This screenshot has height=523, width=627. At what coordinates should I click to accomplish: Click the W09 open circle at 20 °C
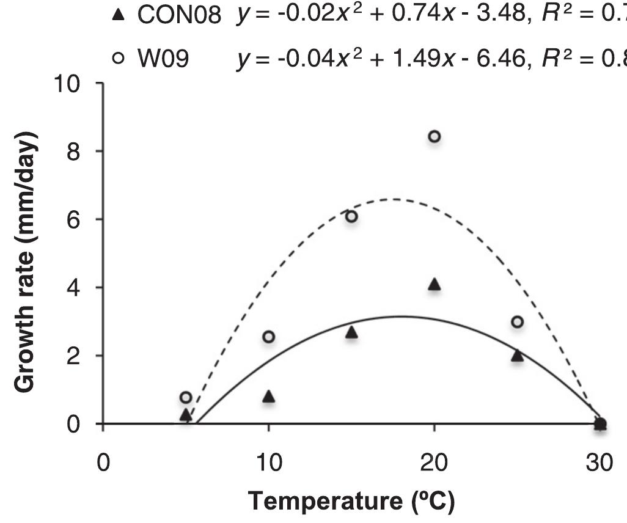click(434, 136)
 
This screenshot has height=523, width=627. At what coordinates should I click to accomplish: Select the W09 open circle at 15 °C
click(351, 216)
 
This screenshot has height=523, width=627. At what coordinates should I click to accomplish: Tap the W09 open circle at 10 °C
click(268, 337)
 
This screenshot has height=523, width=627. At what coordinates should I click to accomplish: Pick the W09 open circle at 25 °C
click(517, 322)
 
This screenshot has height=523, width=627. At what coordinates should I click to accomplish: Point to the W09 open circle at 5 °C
click(186, 397)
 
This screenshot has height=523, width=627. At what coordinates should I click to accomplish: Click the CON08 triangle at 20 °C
click(434, 284)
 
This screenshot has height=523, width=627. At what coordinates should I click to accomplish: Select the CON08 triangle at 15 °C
click(351, 332)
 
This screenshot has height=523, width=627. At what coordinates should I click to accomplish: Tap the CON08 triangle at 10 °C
click(268, 397)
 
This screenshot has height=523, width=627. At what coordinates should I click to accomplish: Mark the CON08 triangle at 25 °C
click(517, 356)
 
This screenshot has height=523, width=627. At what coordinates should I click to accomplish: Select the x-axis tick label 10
click(268, 462)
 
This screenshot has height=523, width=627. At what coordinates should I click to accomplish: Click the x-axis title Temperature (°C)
click(351, 502)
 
